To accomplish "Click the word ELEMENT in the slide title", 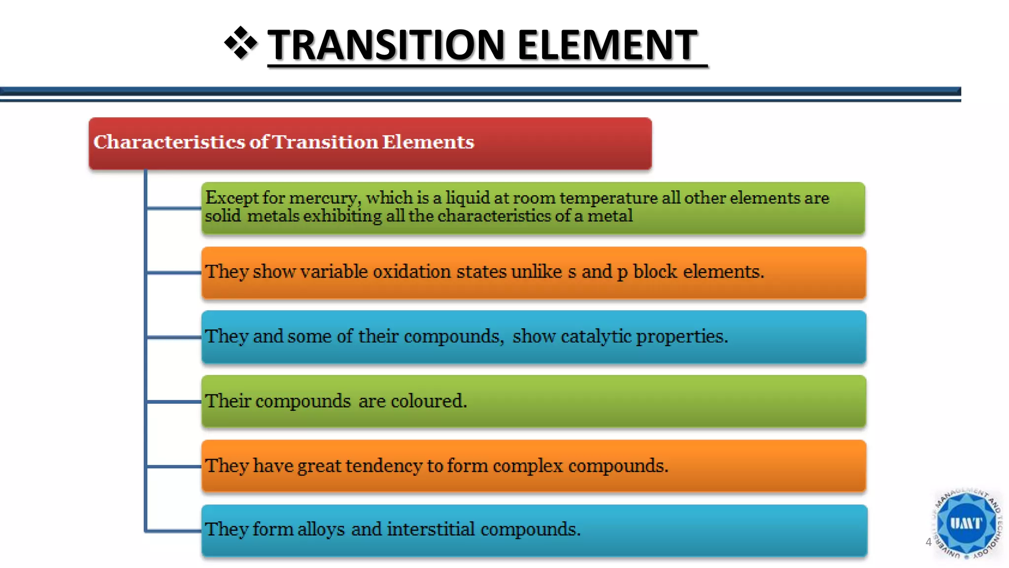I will (x=607, y=45).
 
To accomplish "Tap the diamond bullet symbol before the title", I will (x=240, y=43).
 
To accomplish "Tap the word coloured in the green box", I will (x=428, y=401).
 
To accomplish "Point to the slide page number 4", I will (x=928, y=542).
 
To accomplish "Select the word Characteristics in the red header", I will (x=169, y=142).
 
